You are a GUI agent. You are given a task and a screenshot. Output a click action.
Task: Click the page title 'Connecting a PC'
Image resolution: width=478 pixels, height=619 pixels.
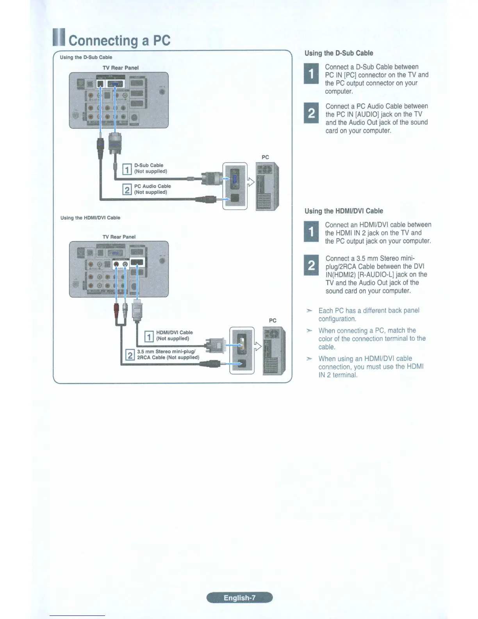(x=119, y=41)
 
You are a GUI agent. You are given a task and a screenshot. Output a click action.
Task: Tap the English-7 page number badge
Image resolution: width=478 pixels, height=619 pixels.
(x=239, y=598)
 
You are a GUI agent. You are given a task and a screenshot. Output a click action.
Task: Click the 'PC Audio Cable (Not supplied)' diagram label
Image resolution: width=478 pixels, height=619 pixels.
(x=152, y=189)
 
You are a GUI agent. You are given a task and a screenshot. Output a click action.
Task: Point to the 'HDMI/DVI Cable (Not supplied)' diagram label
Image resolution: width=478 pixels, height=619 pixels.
(x=174, y=335)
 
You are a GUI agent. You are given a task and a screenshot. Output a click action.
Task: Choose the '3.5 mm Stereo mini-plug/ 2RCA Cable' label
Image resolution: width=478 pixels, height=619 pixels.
(x=168, y=354)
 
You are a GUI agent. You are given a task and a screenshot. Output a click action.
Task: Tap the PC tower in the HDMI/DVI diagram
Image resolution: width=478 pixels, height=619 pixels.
(x=274, y=351)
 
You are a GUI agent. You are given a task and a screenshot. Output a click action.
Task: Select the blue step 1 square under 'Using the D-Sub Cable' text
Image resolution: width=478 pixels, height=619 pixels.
(x=311, y=73)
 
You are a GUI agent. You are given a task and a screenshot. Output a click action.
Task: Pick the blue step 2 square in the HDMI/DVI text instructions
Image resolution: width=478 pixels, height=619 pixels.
(x=311, y=265)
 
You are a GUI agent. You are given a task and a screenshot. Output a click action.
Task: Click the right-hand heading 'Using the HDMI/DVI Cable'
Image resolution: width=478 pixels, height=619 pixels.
(x=344, y=211)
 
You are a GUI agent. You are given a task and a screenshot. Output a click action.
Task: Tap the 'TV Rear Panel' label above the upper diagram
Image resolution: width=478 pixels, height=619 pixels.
(x=121, y=68)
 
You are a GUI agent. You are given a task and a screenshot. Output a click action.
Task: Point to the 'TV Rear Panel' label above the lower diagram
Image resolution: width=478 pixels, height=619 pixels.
(x=119, y=237)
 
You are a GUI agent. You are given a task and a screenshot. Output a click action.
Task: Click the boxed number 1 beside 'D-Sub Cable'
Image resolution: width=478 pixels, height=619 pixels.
(x=127, y=169)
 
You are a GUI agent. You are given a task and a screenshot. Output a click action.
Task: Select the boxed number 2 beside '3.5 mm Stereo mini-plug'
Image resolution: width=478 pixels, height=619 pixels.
(x=130, y=355)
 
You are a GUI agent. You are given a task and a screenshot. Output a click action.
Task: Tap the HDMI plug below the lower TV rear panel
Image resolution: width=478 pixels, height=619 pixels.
(x=137, y=312)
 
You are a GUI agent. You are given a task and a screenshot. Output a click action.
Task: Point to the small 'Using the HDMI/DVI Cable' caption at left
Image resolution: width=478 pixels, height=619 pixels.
(x=90, y=218)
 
